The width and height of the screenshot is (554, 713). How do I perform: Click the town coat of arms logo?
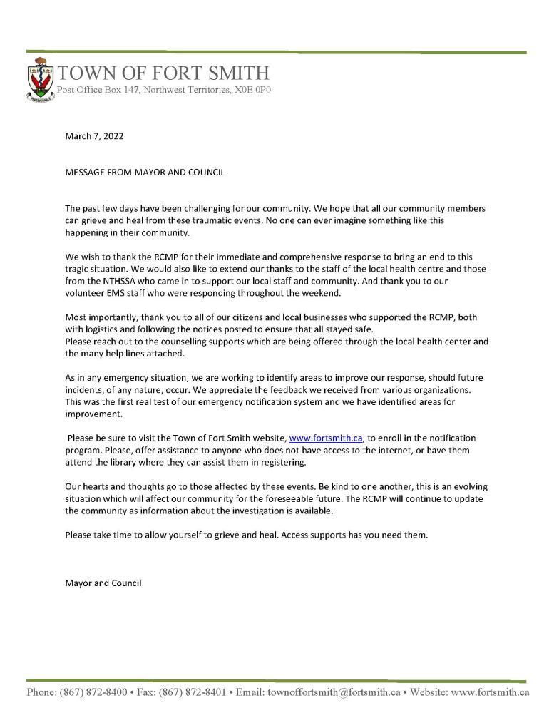tap(40, 84)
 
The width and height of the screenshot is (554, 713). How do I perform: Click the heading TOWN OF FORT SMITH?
tap(163, 73)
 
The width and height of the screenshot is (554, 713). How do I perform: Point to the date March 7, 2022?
tap(94, 136)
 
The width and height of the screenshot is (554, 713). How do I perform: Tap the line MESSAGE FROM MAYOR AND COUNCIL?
tap(146, 173)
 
